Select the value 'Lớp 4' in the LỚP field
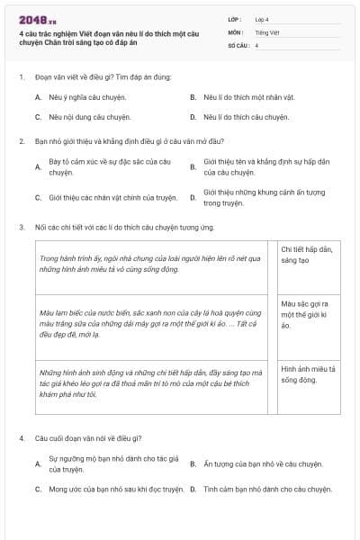[x=263, y=19]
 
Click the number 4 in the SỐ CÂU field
[x=257, y=45]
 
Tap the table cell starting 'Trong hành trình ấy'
[x=149, y=263]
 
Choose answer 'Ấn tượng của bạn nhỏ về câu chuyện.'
[x=255, y=463]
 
